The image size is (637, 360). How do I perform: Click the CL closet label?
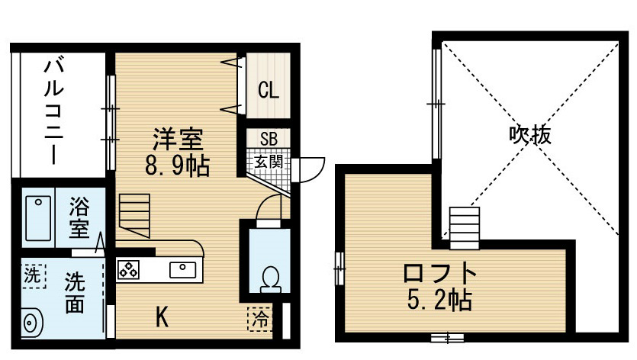[x=269, y=90]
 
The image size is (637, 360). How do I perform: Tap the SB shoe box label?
[x=269, y=139]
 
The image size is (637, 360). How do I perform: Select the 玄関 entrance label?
[x=268, y=162]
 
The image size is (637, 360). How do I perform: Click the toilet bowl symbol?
[x=271, y=280]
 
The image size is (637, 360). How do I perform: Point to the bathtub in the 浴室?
[x=38, y=219]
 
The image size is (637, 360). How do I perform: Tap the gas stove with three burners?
[x=128, y=270]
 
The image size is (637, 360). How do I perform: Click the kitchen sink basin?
[x=182, y=270]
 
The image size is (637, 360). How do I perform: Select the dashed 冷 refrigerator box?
[x=259, y=319]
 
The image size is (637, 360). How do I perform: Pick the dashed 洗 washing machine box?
[x=33, y=275]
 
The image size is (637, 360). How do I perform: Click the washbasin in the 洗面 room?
[x=31, y=323]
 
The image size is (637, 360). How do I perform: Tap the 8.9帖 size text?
[x=177, y=166]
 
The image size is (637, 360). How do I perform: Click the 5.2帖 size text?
[x=439, y=301]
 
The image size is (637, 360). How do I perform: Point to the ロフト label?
[x=440, y=273]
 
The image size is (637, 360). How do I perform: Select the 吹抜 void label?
[x=530, y=135]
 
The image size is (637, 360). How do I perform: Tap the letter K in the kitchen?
[x=162, y=317]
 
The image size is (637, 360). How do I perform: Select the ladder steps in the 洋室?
[x=134, y=215]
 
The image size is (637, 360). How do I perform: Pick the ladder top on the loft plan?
[x=465, y=228]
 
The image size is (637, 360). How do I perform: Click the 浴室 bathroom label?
[x=79, y=217]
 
